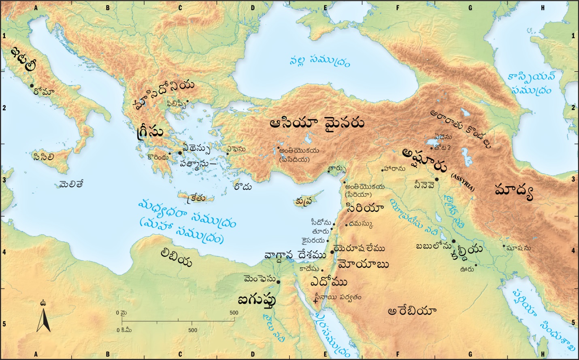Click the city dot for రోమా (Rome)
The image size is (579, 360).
[x=32, y=86]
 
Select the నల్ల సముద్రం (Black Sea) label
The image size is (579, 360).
[x=319, y=61]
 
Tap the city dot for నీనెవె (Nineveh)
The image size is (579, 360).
[x=436, y=179]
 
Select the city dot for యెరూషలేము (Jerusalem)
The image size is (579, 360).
[x=332, y=252]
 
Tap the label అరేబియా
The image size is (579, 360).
[x=411, y=311]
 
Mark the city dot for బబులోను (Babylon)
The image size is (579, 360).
[x=453, y=241]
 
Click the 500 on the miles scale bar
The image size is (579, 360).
[x=234, y=313]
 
